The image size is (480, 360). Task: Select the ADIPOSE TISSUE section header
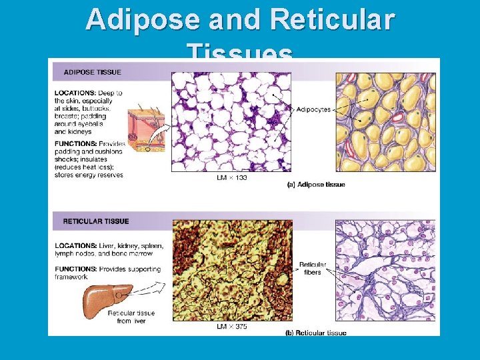[93, 71]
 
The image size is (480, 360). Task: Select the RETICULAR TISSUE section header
[97, 221]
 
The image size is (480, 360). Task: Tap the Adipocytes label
[313, 109]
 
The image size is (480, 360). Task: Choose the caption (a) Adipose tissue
[315, 185]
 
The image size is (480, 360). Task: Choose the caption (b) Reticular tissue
[315, 333]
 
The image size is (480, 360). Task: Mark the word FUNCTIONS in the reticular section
[75, 269]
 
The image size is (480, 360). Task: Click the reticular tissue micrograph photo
[232, 271]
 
